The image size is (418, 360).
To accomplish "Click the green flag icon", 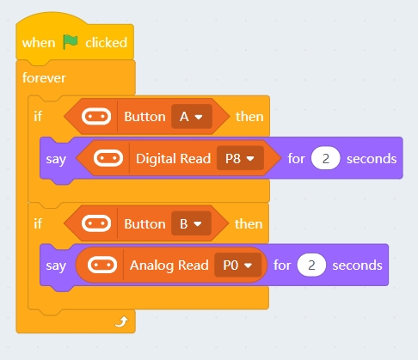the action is coord(71,42).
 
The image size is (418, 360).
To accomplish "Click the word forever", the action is coord(44,78).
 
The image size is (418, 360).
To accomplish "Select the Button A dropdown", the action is coord(192,117).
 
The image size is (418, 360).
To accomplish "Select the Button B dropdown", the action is coord(191,223).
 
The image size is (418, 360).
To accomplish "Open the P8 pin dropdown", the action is coord(240,158).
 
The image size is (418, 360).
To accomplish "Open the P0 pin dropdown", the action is coord(237,265).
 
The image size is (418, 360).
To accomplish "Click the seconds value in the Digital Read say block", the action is coord(326,158).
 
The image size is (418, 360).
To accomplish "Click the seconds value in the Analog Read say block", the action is coord(311,265).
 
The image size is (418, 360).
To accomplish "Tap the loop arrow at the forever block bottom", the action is coord(121,321).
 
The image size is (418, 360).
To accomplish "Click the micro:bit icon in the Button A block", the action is coord(96,117).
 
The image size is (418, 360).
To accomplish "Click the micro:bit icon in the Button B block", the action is coord(96,223).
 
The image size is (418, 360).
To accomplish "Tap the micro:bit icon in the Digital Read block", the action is coord(108,158).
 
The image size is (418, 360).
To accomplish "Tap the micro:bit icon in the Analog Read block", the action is coord(102,265).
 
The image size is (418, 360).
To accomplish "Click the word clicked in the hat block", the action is coord(106,43).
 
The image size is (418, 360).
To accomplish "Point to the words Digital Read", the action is coord(173,159).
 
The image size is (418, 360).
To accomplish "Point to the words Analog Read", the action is coord(169,265).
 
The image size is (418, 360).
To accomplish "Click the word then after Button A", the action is coord(249,117).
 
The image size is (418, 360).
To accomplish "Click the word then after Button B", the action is coord(249,224).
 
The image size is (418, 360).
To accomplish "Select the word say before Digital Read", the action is coord(56,160).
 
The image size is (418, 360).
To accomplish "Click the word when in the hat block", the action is coord(39,43).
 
